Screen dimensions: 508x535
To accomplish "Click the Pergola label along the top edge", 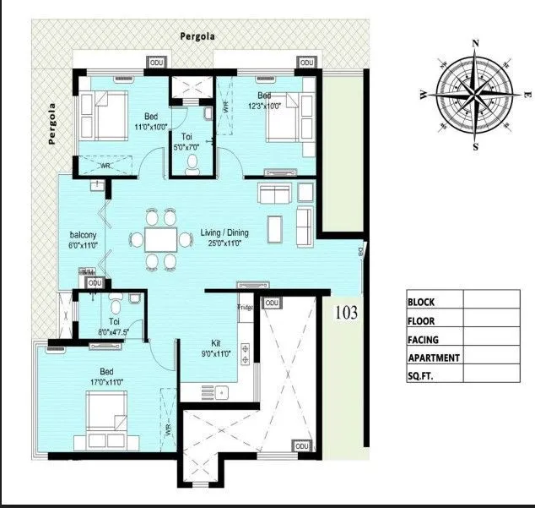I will [197, 36].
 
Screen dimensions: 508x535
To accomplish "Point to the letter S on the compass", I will [476, 146].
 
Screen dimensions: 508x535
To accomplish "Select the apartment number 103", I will [346, 313].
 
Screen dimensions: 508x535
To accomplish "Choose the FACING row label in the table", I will [424, 339].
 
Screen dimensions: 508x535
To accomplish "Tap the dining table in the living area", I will [160, 239].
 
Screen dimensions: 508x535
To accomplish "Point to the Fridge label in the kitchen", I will [246, 307].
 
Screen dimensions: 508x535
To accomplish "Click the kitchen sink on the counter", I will [220, 391].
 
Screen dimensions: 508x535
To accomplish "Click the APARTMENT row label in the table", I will [434, 358].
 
